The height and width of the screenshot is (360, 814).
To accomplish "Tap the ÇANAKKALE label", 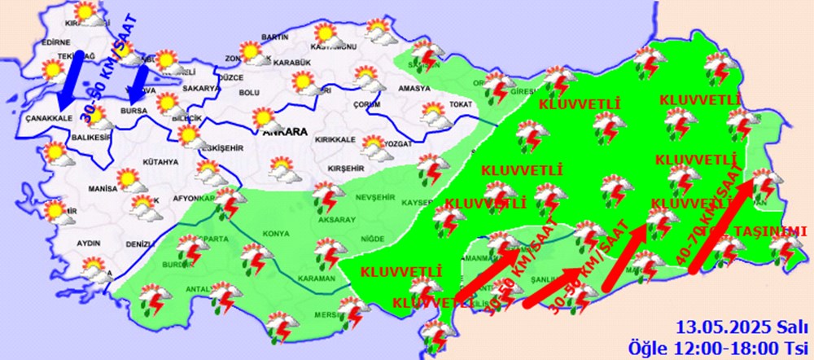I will [x=49, y=117].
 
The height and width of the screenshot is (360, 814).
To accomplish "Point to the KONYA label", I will [x=274, y=234].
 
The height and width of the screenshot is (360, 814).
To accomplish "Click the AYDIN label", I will [x=89, y=243].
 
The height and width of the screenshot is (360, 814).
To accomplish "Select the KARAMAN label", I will [x=317, y=279].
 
